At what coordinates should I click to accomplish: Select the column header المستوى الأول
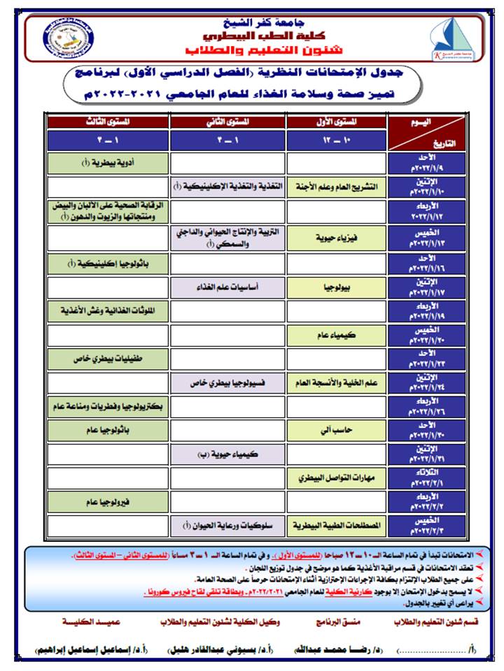[x=337, y=122]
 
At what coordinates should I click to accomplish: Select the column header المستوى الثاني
[x=228, y=122]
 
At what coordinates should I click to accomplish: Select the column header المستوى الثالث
[x=108, y=122]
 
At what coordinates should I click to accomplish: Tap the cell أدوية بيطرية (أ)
[x=108, y=164]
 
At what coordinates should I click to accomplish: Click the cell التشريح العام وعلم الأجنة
[x=337, y=187]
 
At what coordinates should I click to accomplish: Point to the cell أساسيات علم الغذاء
[x=228, y=287]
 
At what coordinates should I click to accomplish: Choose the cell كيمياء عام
[x=337, y=335]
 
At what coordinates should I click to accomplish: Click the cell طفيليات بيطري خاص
[x=108, y=359]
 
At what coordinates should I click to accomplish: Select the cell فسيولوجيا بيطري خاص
[x=228, y=383]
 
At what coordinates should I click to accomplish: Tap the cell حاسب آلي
[x=337, y=430]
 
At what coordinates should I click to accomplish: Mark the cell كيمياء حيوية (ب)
[x=228, y=454]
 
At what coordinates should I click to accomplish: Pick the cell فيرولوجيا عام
[x=108, y=501]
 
